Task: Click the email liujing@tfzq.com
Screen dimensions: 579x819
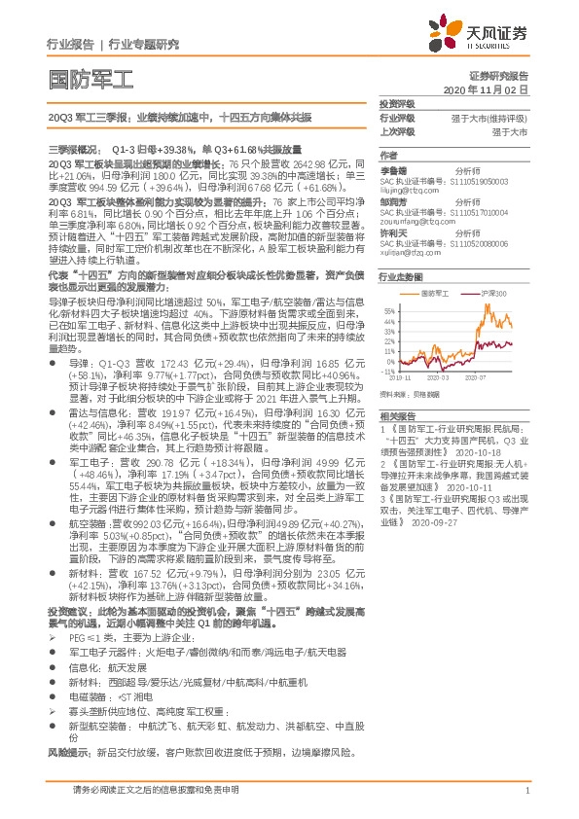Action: pyautogui.click(x=408, y=190)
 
